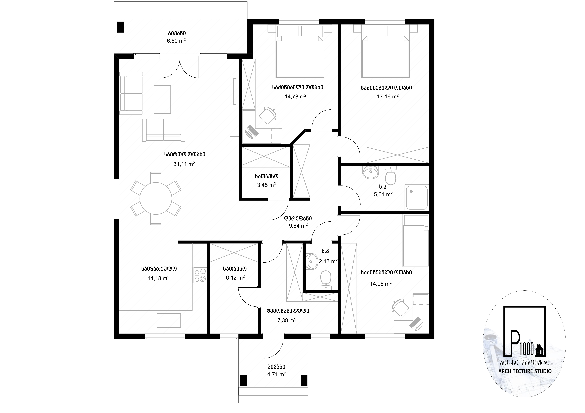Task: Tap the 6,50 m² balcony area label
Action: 176,41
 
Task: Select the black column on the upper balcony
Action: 120,27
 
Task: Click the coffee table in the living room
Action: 162,99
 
